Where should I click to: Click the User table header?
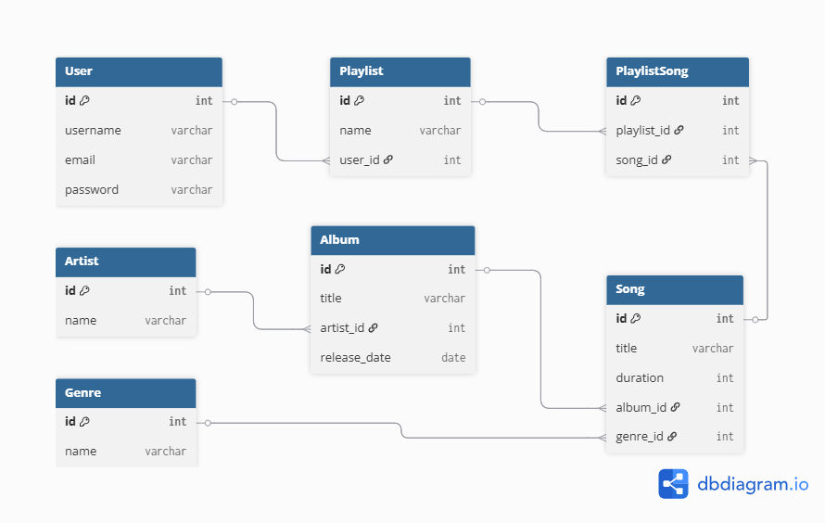[x=139, y=71]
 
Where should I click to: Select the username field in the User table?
[x=93, y=131]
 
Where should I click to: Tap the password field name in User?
[x=92, y=190]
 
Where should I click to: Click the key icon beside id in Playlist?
[x=359, y=100]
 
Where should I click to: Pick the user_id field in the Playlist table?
[x=360, y=159]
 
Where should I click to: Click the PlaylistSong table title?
[x=652, y=71]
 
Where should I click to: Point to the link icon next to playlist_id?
[x=679, y=130]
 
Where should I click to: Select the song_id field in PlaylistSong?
[x=637, y=159]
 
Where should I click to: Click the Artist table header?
[x=126, y=261]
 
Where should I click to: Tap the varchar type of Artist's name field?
[x=166, y=321]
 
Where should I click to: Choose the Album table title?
[x=339, y=240]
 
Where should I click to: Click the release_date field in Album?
[x=355, y=358]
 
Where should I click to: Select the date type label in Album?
[x=453, y=358]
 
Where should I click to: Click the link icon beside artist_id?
[x=373, y=327]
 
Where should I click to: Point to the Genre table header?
[x=126, y=393]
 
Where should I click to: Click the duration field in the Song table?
[x=640, y=377]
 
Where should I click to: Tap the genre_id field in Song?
[x=640, y=437]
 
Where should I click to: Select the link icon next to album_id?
[x=676, y=407]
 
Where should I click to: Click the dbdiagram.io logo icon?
[x=673, y=483]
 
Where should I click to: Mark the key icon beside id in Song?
[x=636, y=318]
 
